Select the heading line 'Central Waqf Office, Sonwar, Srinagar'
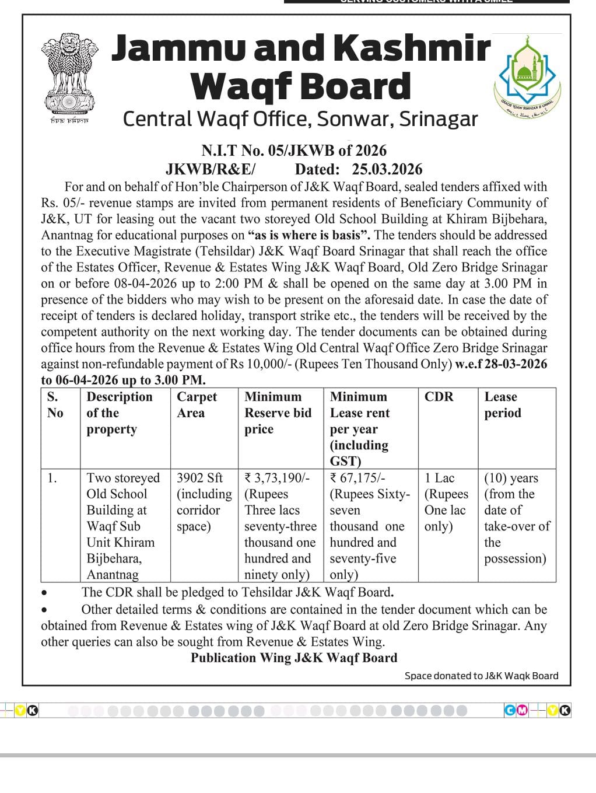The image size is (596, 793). pos(300,119)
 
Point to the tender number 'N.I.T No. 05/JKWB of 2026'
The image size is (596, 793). pos(294,151)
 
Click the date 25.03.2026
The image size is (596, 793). pos(387,169)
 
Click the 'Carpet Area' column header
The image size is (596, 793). pos(197,404)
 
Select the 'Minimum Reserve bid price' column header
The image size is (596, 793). pos(278,413)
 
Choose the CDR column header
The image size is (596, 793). pos(439,397)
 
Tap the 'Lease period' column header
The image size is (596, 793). pos(502,404)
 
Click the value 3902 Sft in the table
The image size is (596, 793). pos(199,478)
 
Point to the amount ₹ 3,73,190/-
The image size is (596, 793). pos(277,478)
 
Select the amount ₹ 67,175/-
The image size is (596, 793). pos(357,478)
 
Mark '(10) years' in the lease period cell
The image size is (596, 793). pos(511,478)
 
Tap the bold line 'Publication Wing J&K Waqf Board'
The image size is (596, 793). pos(294,658)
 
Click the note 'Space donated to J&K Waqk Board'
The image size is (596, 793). pos(481,676)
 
